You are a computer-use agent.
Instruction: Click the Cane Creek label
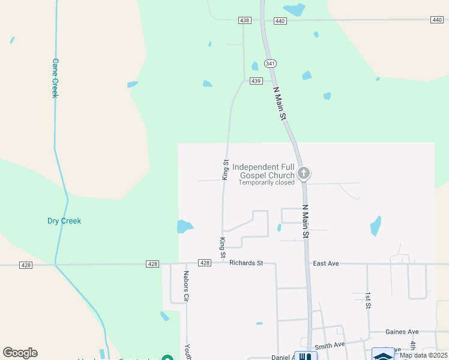[54, 78]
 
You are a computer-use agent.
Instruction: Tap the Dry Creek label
[64, 221]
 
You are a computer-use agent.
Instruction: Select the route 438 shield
[244, 20]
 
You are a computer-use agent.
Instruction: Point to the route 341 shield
[270, 64]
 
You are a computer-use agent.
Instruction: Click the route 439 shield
[256, 81]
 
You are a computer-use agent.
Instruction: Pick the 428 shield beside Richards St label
[205, 263]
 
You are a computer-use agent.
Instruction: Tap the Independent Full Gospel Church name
[264, 171]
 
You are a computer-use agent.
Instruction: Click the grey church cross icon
[304, 173]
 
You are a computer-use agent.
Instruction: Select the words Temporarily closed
[267, 182]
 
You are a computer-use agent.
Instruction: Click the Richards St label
[246, 263]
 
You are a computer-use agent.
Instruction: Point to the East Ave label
[327, 263]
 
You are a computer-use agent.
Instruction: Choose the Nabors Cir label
[187, 286]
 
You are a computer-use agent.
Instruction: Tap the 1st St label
[368, 301]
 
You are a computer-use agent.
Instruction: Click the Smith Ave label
[330, 345]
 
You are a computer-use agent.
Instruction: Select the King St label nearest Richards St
[223, 248]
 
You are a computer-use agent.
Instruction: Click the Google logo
[20, 353]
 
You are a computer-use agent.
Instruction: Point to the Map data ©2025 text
[423, 355]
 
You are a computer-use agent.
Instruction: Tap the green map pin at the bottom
[169, 358]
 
